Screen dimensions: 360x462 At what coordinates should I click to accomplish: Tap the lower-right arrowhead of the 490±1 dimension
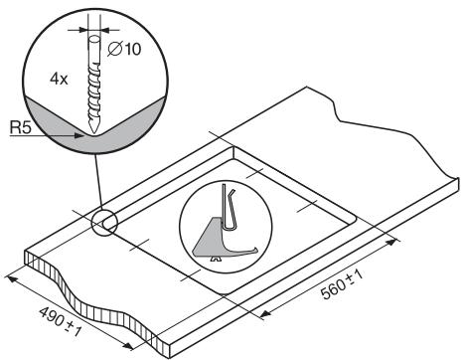point(131,348)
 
